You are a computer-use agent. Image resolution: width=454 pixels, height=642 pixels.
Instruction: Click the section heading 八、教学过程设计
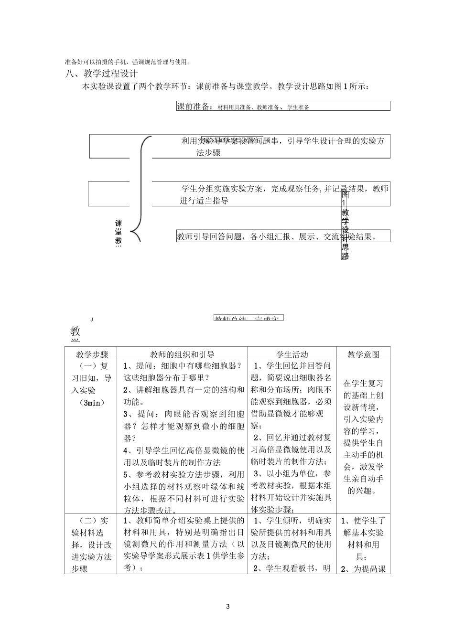pyautogui.click(x=101, y=74)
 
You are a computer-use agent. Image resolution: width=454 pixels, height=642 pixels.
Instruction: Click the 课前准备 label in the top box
pyautogui.click(x=195, y=107)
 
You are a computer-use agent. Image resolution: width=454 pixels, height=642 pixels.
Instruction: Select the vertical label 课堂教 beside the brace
pyautogui.click(x=119, y=233)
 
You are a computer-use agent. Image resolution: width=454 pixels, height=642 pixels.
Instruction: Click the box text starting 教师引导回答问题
pyautogui.click(x=277, y=236)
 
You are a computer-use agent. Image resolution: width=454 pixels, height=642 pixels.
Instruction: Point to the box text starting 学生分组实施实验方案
pyautogui.click(x=284, y=194)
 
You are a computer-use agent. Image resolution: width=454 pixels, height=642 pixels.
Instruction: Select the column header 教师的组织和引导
pyautogui.click(x=182, y=354)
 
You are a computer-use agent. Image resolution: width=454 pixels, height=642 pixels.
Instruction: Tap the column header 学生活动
pyautogui.click(x=292, y=354)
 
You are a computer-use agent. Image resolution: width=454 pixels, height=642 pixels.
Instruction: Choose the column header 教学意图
pyautogui.click(x=363, y=354)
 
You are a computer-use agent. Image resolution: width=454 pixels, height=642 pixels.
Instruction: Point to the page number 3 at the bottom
pyautogui.click(x=227, y=607)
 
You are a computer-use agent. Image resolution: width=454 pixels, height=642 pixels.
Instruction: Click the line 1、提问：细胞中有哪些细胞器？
pyautogui.click(x=183, y=366)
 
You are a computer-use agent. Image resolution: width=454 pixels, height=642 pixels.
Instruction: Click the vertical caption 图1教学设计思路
pyautogui.click(x=345, y=225)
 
